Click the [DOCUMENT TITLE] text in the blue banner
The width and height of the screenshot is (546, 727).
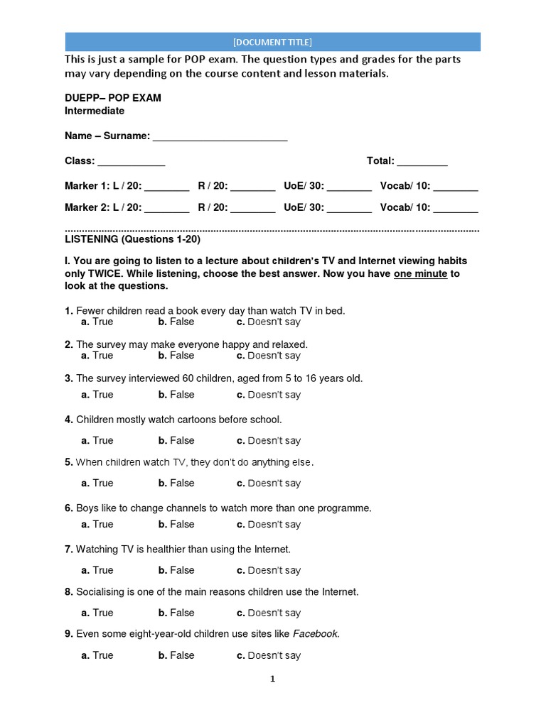click(272, 42)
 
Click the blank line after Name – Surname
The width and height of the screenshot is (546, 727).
click(220, 138)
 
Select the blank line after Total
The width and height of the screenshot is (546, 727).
click(422, 163)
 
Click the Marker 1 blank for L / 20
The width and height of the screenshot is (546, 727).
click(167, 187)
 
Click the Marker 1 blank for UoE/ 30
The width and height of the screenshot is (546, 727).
click(349, 187)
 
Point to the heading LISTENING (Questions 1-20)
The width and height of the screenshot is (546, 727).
click(132, 239)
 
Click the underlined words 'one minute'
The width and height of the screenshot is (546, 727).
click(420, 273)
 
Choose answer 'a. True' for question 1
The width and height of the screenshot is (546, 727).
click(97, 322)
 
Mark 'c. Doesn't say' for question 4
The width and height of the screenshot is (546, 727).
click(268, 441)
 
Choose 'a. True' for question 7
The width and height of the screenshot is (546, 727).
click(97, 570)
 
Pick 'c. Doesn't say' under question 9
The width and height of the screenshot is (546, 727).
click(268, 655)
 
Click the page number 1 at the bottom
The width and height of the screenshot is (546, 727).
click(272, 679)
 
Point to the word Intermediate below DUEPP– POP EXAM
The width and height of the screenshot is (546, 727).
click(95, 111)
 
